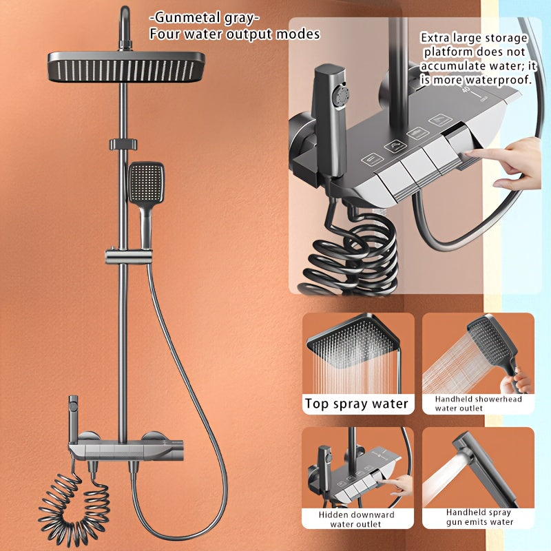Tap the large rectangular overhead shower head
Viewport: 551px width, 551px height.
point(127,67)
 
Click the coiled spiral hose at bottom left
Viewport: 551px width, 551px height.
point(72,506)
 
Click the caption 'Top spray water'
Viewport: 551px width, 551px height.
point(356,404)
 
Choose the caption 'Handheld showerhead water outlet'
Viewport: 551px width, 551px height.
point(478,404)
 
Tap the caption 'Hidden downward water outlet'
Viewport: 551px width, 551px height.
point(356,519)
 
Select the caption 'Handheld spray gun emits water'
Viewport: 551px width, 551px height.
point(479,518)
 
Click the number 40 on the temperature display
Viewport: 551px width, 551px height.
point(466,90)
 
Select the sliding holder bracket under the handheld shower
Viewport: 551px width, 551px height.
point(129,256)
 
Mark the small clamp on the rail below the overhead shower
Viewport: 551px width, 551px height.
point(123,145)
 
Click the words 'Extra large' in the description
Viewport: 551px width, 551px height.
point(451,38)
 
